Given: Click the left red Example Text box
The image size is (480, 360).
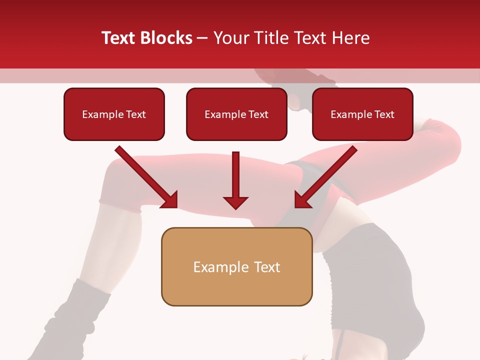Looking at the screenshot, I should (114, 114).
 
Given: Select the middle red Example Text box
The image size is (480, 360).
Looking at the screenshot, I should (236, 114).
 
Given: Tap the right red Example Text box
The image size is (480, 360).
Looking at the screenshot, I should (362, 114).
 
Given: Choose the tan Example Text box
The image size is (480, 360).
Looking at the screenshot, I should (236, 266).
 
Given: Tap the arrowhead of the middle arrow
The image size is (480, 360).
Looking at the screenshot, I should (235, 202).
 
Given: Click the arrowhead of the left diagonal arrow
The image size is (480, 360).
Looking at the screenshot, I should (170, 199).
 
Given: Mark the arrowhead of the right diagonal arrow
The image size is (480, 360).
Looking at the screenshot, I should (302, 199).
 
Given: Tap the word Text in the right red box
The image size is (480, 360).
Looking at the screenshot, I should (384, 114).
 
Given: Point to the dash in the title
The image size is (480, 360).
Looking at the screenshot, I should (202, 38).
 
